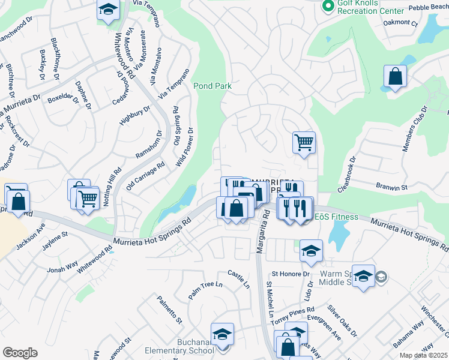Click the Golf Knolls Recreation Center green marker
pos(328,7)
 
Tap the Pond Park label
pos(212,86)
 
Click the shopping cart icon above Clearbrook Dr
pos(304,143)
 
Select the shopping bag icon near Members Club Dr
pos(396,77)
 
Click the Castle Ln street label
pos(238,278)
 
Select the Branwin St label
pos(391,187)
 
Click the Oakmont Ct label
pos(400,23)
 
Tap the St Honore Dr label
pos(291,273)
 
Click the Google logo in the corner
pos(20,353)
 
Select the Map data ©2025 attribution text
pos(424,355)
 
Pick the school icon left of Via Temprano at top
pos(108,10)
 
